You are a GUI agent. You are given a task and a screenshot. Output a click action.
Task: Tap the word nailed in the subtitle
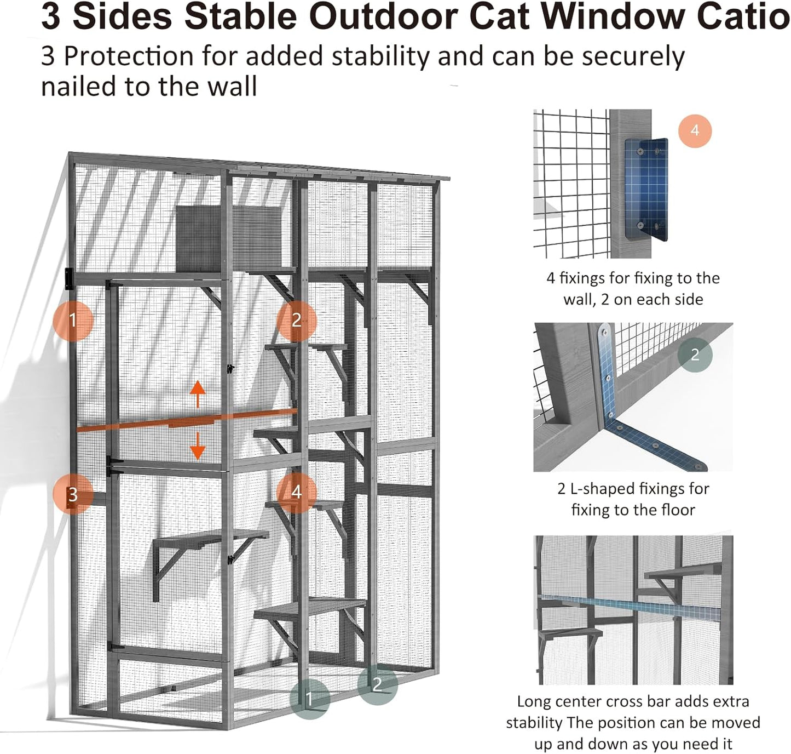pos(78,87)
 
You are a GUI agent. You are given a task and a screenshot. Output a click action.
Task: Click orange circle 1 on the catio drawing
pos(73,320)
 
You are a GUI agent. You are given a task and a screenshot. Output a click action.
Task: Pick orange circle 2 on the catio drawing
pos(296,320)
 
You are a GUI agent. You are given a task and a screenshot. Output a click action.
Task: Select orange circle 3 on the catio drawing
pos(73,494)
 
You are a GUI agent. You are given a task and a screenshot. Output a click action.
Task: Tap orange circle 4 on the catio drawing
pos(296,492)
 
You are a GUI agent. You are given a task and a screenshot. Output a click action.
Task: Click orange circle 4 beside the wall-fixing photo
pos(695,130)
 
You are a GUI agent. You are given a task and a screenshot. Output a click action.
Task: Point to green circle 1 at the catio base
pos(310,698)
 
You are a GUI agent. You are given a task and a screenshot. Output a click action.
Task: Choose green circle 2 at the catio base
pos(377,684)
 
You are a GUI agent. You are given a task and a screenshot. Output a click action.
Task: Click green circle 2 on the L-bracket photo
pos(695,355)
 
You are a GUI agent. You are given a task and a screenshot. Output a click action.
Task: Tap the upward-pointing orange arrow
pos(198,395)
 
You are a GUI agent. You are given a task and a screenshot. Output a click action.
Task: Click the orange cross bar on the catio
pos(186,421)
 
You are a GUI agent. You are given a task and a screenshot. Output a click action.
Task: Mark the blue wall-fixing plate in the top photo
pos(646,189)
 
